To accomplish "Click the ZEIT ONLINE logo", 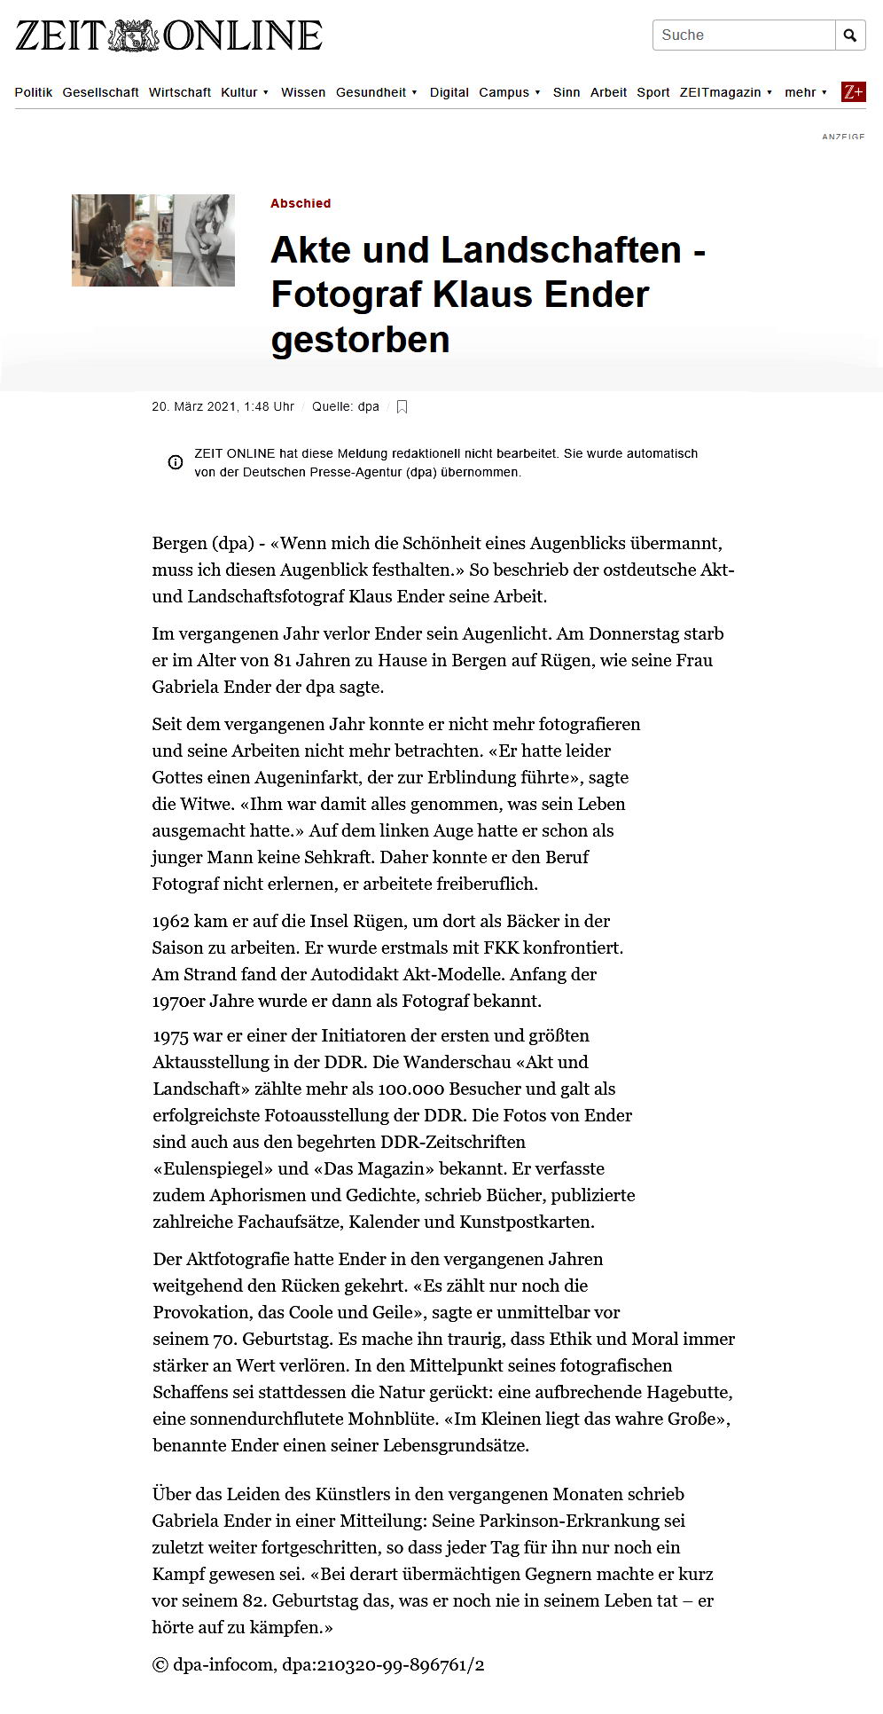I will [168, 35].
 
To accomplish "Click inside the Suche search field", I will [743, 35].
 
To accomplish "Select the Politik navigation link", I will [34, 92].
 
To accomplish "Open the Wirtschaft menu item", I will [180, 92].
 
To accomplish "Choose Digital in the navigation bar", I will [449, 92].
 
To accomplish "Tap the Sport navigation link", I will [653, 92].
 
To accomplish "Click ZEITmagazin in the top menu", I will [721, 92].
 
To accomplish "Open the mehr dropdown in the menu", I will [805, 92].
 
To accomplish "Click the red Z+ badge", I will [853, 92].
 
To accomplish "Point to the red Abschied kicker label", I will [301, 203].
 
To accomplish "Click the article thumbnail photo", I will [153, 240].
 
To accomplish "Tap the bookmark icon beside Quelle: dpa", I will [402, 407].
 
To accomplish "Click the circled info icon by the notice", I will [176, 462].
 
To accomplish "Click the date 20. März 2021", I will [195, 406].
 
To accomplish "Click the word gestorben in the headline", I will [360, 340].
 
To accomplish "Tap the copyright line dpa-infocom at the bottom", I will [318, 1665].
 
